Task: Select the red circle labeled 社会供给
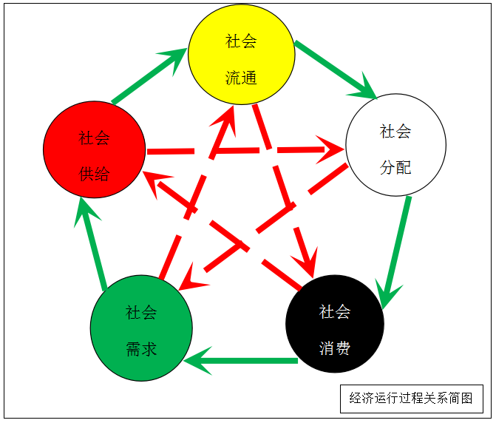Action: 94,149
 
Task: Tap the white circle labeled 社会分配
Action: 395,144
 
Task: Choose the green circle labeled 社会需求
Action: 141,329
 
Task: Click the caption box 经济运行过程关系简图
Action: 411,399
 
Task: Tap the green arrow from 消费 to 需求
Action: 240,362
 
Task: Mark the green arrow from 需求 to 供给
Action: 95,244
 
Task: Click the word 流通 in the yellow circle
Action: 241,77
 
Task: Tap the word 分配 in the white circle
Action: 395,168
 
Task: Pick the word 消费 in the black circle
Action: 335,348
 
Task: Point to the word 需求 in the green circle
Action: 141,349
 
